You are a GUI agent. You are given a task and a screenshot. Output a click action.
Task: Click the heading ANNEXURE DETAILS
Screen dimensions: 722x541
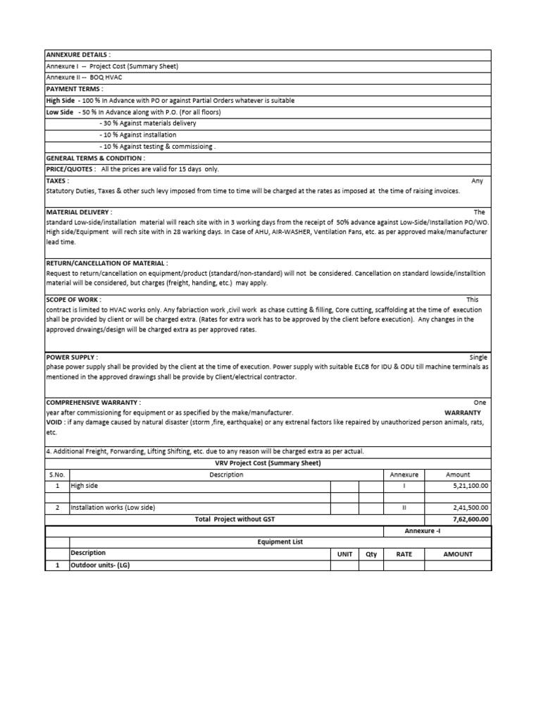77,55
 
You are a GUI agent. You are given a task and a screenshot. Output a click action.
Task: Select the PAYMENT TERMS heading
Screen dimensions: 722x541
74,89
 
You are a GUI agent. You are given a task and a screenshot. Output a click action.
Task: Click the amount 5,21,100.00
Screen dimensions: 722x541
471,486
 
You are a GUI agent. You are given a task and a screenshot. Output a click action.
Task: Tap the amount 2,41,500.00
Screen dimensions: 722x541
471,508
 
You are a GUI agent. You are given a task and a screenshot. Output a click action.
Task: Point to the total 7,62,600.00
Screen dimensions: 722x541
471,519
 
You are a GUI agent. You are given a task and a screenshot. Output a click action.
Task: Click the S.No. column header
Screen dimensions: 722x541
56,475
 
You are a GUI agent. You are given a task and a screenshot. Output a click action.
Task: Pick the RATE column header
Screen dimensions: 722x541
404,553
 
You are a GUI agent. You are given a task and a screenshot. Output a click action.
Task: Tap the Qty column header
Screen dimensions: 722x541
371,553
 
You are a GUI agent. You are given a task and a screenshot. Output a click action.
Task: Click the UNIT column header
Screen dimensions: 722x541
344,553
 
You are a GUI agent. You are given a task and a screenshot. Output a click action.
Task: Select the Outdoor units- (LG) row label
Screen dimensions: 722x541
100,565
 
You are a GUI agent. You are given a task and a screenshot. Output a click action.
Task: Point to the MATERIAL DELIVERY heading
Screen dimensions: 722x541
79,212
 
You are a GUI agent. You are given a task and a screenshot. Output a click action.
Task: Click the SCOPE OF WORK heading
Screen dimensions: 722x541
72,299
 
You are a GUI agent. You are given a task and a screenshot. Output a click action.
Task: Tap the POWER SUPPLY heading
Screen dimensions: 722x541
72,357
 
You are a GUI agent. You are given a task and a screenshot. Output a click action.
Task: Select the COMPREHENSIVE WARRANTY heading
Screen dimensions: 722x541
93,402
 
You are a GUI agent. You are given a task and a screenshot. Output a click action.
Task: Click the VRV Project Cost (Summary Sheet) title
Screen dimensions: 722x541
268,463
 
